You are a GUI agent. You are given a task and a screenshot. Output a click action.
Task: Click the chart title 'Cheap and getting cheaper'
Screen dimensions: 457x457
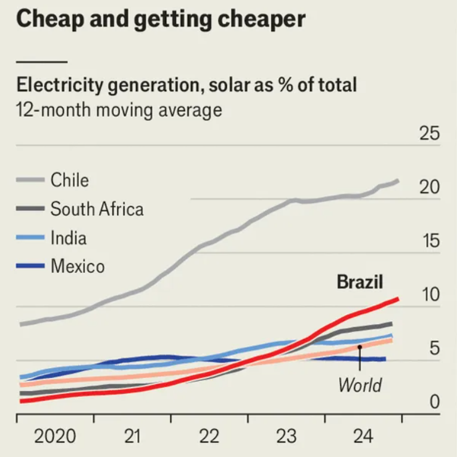161,19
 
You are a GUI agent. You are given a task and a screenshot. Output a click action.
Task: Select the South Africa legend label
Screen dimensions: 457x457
97,209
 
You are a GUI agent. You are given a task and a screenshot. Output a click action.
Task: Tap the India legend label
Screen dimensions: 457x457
69,237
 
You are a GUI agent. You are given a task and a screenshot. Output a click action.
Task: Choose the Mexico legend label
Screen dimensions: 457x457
78,266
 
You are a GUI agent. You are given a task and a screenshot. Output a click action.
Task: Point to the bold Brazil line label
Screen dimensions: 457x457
360,282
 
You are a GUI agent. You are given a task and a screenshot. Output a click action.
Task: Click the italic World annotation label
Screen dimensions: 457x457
359,385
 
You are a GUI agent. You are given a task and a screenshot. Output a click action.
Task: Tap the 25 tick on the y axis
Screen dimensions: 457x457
430,134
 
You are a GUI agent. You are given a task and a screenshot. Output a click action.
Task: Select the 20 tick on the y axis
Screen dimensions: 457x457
430,188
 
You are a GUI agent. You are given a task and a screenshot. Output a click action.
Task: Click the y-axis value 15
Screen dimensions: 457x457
430,241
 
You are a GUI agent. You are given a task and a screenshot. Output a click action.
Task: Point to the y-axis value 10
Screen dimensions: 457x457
430,295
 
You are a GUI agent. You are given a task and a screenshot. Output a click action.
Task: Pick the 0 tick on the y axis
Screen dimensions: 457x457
435,403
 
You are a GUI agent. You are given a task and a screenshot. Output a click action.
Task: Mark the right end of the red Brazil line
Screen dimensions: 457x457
397,299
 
